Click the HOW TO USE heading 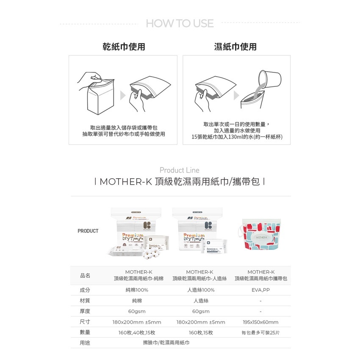point(180,23)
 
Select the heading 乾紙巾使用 point(124,47)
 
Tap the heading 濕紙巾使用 point(236,47)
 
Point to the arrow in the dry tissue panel point(123,96)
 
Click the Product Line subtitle point(180,170)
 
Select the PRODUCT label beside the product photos point(88,231)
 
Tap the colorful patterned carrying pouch point(261,236)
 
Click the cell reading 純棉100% point(137,290)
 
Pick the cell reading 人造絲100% point(201,290)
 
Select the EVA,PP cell point(260,290)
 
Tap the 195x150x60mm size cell point(260,322)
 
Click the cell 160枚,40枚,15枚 point(137,332)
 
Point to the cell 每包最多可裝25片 point(260,332)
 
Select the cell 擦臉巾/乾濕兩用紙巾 point(166,343)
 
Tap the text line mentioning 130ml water point(237,137)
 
